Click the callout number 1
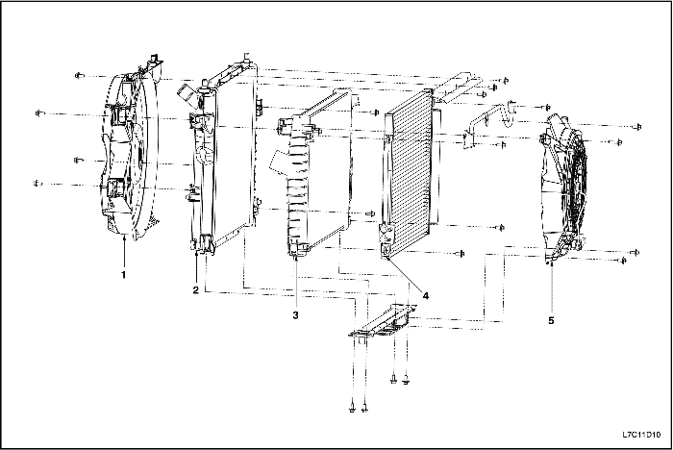click(123, 274)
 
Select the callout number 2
click(196, 290)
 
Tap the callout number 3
click(295, 315)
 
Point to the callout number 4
click(425, 295)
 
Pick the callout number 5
click(551, 320)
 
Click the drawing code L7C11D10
click(641, 435)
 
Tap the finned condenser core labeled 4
click(410, 174)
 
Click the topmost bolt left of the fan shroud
click(79, 76)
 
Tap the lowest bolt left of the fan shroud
click(37, 184)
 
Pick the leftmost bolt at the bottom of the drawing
click(352, 408)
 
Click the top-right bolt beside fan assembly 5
click(638, 127)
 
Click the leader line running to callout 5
click(551, 288)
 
